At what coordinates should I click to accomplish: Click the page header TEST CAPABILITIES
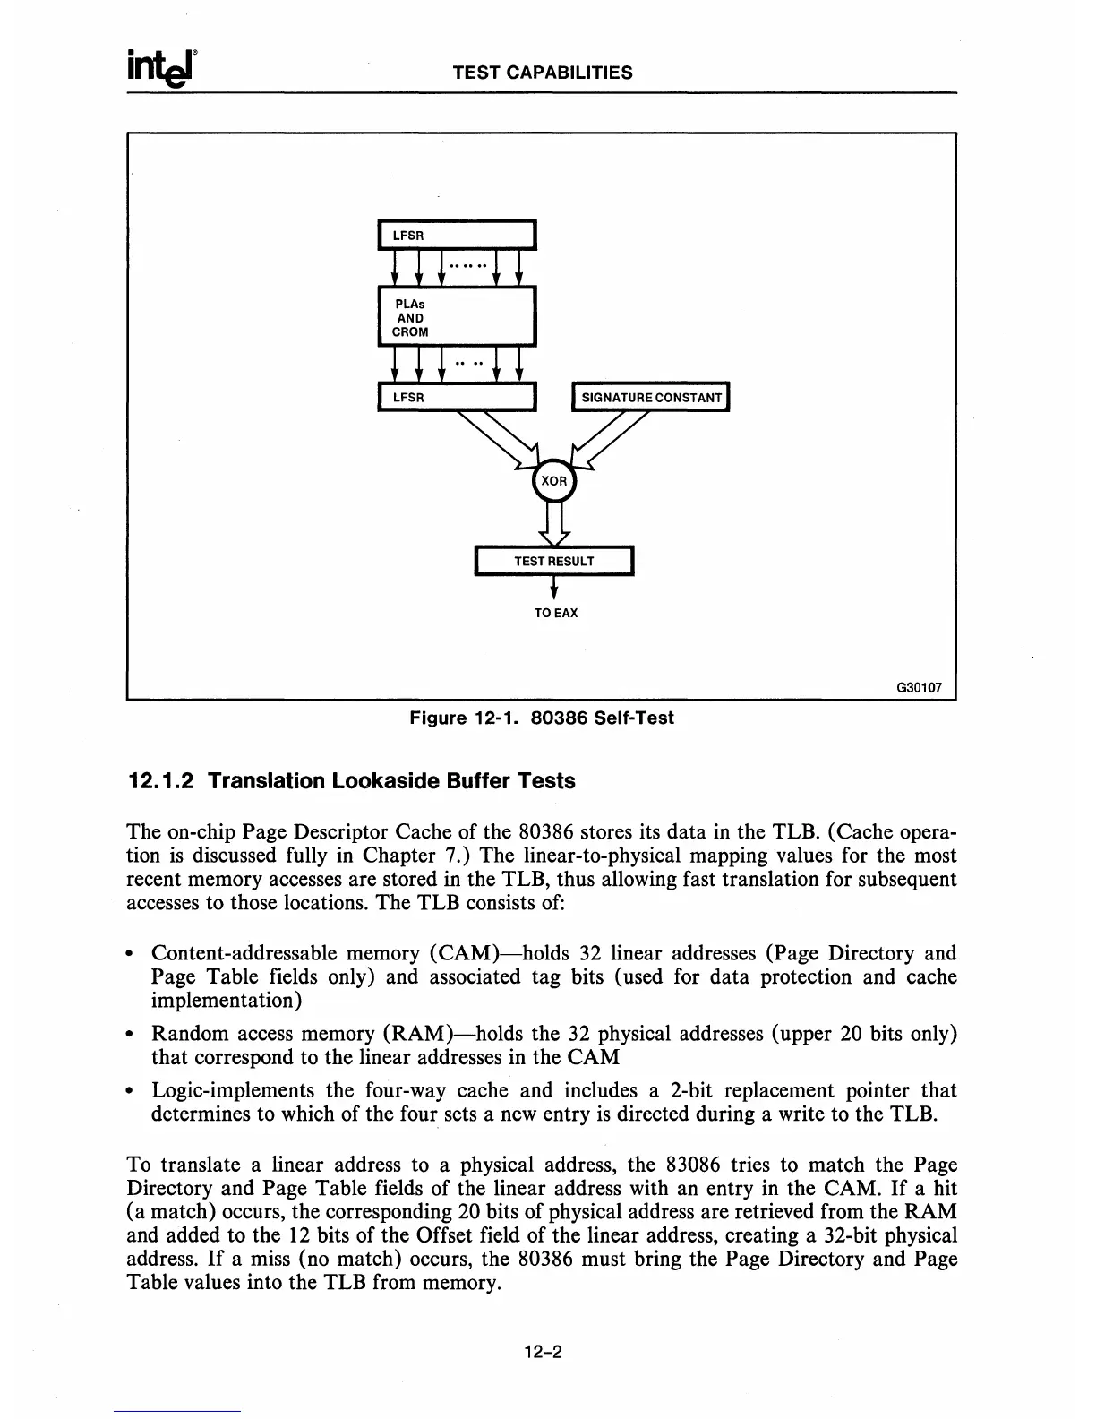pyautogui.click(x=543, y=73)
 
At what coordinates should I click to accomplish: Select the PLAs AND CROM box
pyautogui.click(x=456, y=316)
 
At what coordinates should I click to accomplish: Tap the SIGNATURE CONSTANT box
pyautogui.click(x=651, y=397)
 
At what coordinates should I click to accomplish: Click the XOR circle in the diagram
pyautogui.click(x=554, y=482)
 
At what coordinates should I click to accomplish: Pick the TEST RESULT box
pyautogui.click(x=553, y=561)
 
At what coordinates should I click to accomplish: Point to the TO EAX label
pyautogui.click(x=556, y=613)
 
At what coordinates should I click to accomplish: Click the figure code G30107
pyautogui.click(x=919, y=688)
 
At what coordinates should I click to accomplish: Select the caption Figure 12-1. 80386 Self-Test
pyautogui.click(x=542, y=718)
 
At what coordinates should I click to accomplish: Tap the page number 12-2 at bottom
pyautogui.click(x=543, y=1353)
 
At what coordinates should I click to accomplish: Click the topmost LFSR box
pyautogui.click(x=456, y=235)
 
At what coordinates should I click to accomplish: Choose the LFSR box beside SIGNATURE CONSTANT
pyautogui.click(x=456, y=397)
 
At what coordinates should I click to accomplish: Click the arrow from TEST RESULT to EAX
pyautogui.click(x=554, y=588)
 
